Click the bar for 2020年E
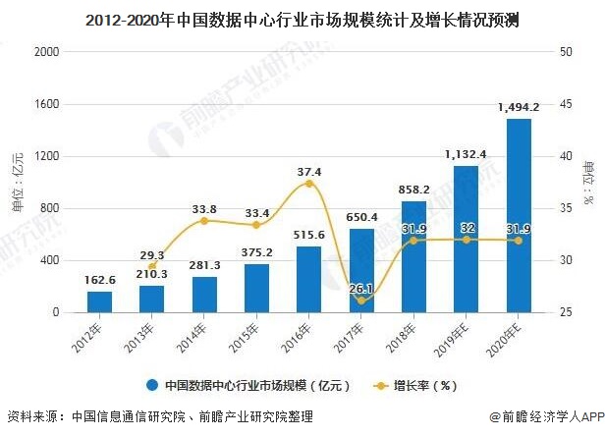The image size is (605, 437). click(519, 216)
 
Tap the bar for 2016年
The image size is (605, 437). click(308, 279)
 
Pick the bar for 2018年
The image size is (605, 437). click(413, 256)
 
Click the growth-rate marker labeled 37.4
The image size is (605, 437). click(309, 184)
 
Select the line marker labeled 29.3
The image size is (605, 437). click(151, 266)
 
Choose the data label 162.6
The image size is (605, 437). click(99, 281)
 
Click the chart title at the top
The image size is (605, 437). click(302, 17)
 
